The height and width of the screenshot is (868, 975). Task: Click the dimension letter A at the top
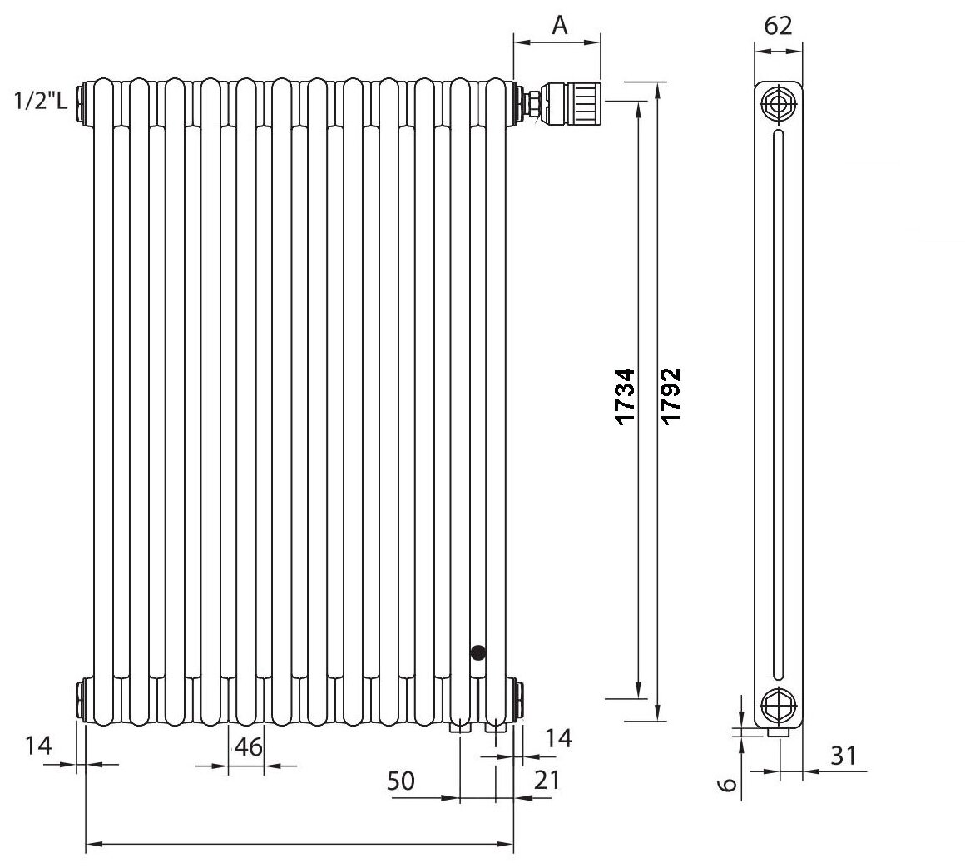[x=560, y=26]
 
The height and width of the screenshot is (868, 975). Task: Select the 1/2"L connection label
[x=40, y=103]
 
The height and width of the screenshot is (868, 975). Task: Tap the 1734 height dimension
[x=626, y=395]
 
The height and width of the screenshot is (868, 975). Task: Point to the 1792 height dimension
[x=671, y=395]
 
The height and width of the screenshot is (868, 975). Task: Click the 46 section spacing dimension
[x=247, y=746]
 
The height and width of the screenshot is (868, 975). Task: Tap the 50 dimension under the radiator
[x=401, y=781]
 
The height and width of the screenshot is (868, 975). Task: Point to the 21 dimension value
[x=547, y=780]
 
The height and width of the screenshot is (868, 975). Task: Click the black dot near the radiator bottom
[x=478, y=653]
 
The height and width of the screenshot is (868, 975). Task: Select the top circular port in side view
[x=779, y=105]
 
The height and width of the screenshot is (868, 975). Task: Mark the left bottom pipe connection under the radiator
[x=459, y=727]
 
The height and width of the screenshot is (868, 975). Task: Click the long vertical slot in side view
[x=778, y=405]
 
